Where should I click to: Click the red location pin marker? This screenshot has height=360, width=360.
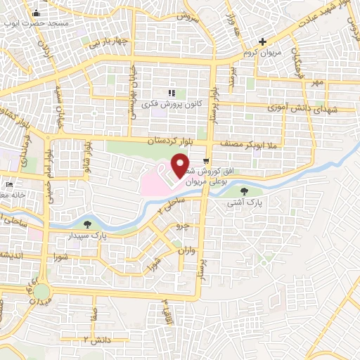pyautogui.click(x=180, y=165)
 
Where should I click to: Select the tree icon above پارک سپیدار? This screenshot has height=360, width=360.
pyautogui.click(x=87, y=224)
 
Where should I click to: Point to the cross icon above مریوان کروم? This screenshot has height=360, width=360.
pyautogui.click(x=262, y=42)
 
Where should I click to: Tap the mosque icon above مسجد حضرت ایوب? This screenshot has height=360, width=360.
pyautogui.click(x=36, y=13)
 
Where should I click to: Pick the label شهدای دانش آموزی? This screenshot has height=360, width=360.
pyautogui.click(x=303, y=108)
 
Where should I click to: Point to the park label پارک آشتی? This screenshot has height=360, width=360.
pyautogui.click(x=244, y=202)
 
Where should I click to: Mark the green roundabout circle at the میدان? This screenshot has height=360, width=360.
pyautogui.click(x=42, y=290)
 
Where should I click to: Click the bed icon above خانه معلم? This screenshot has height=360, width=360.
pyautogui.click(x=8, y=184)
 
